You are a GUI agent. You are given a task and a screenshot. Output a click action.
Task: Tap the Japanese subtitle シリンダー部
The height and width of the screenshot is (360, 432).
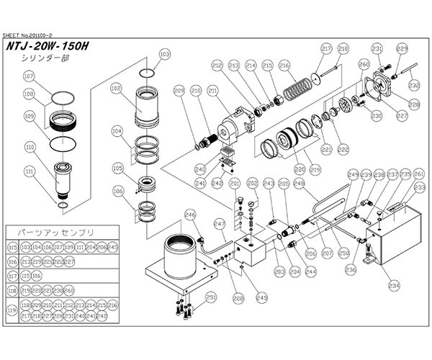[40, 60]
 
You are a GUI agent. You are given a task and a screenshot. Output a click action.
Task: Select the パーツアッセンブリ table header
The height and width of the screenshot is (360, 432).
[45, 233]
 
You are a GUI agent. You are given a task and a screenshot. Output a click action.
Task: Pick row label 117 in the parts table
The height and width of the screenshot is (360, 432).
[12, 275]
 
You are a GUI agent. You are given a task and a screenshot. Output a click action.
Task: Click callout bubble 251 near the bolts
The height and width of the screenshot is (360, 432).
[211, 296]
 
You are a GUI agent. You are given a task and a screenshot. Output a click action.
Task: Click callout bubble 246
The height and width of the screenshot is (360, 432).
[190, 214]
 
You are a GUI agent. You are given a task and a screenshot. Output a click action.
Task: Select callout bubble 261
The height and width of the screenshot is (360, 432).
[420, 174]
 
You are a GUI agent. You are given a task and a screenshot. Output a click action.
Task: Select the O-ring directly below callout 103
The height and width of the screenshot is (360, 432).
[148, 72]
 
